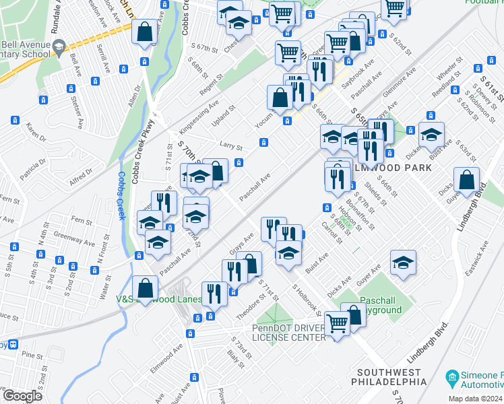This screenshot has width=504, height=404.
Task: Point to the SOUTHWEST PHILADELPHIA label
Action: [x=392, y=377]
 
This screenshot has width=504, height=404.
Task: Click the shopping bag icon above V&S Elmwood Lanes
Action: [x=146, y=288]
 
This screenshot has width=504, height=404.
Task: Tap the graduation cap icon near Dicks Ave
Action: [x=403, y=262]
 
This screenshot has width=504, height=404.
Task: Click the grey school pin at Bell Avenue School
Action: [x=59, y=46]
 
